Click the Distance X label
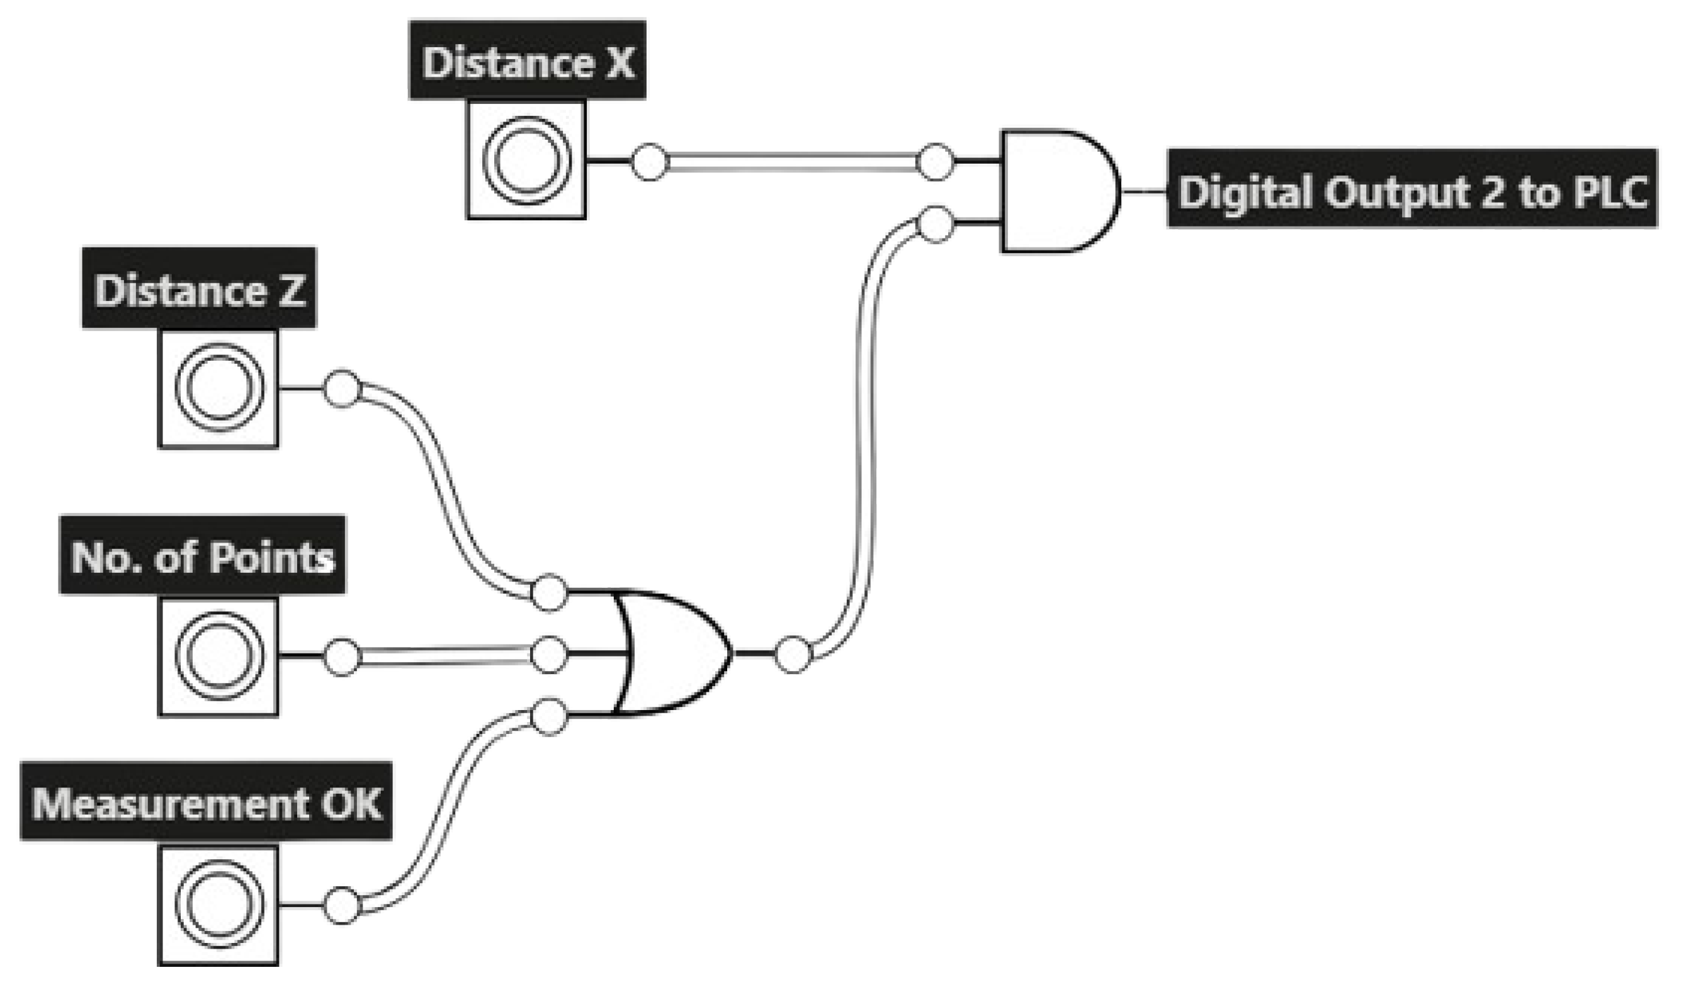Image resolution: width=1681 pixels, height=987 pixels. pos(527,61)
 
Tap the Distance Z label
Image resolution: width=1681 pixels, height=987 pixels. pos(200,289)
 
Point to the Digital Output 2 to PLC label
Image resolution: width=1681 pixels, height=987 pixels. pos(1412,189)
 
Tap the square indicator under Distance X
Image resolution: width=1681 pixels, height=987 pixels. pos(526,160)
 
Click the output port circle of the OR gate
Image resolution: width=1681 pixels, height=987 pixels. pos(793,654)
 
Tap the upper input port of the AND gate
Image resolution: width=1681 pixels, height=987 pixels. pos(935,161)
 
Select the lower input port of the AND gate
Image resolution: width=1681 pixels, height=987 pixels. pos(935,224)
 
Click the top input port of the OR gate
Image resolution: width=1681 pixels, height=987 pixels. pos(548,592)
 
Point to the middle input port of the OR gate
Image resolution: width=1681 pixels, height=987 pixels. pos(548,654)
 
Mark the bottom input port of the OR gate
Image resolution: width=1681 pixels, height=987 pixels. pos(548,717)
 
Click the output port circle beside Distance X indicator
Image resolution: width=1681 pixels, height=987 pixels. pos(649,161)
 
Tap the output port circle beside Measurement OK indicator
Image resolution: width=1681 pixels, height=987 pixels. pos(341,905)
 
